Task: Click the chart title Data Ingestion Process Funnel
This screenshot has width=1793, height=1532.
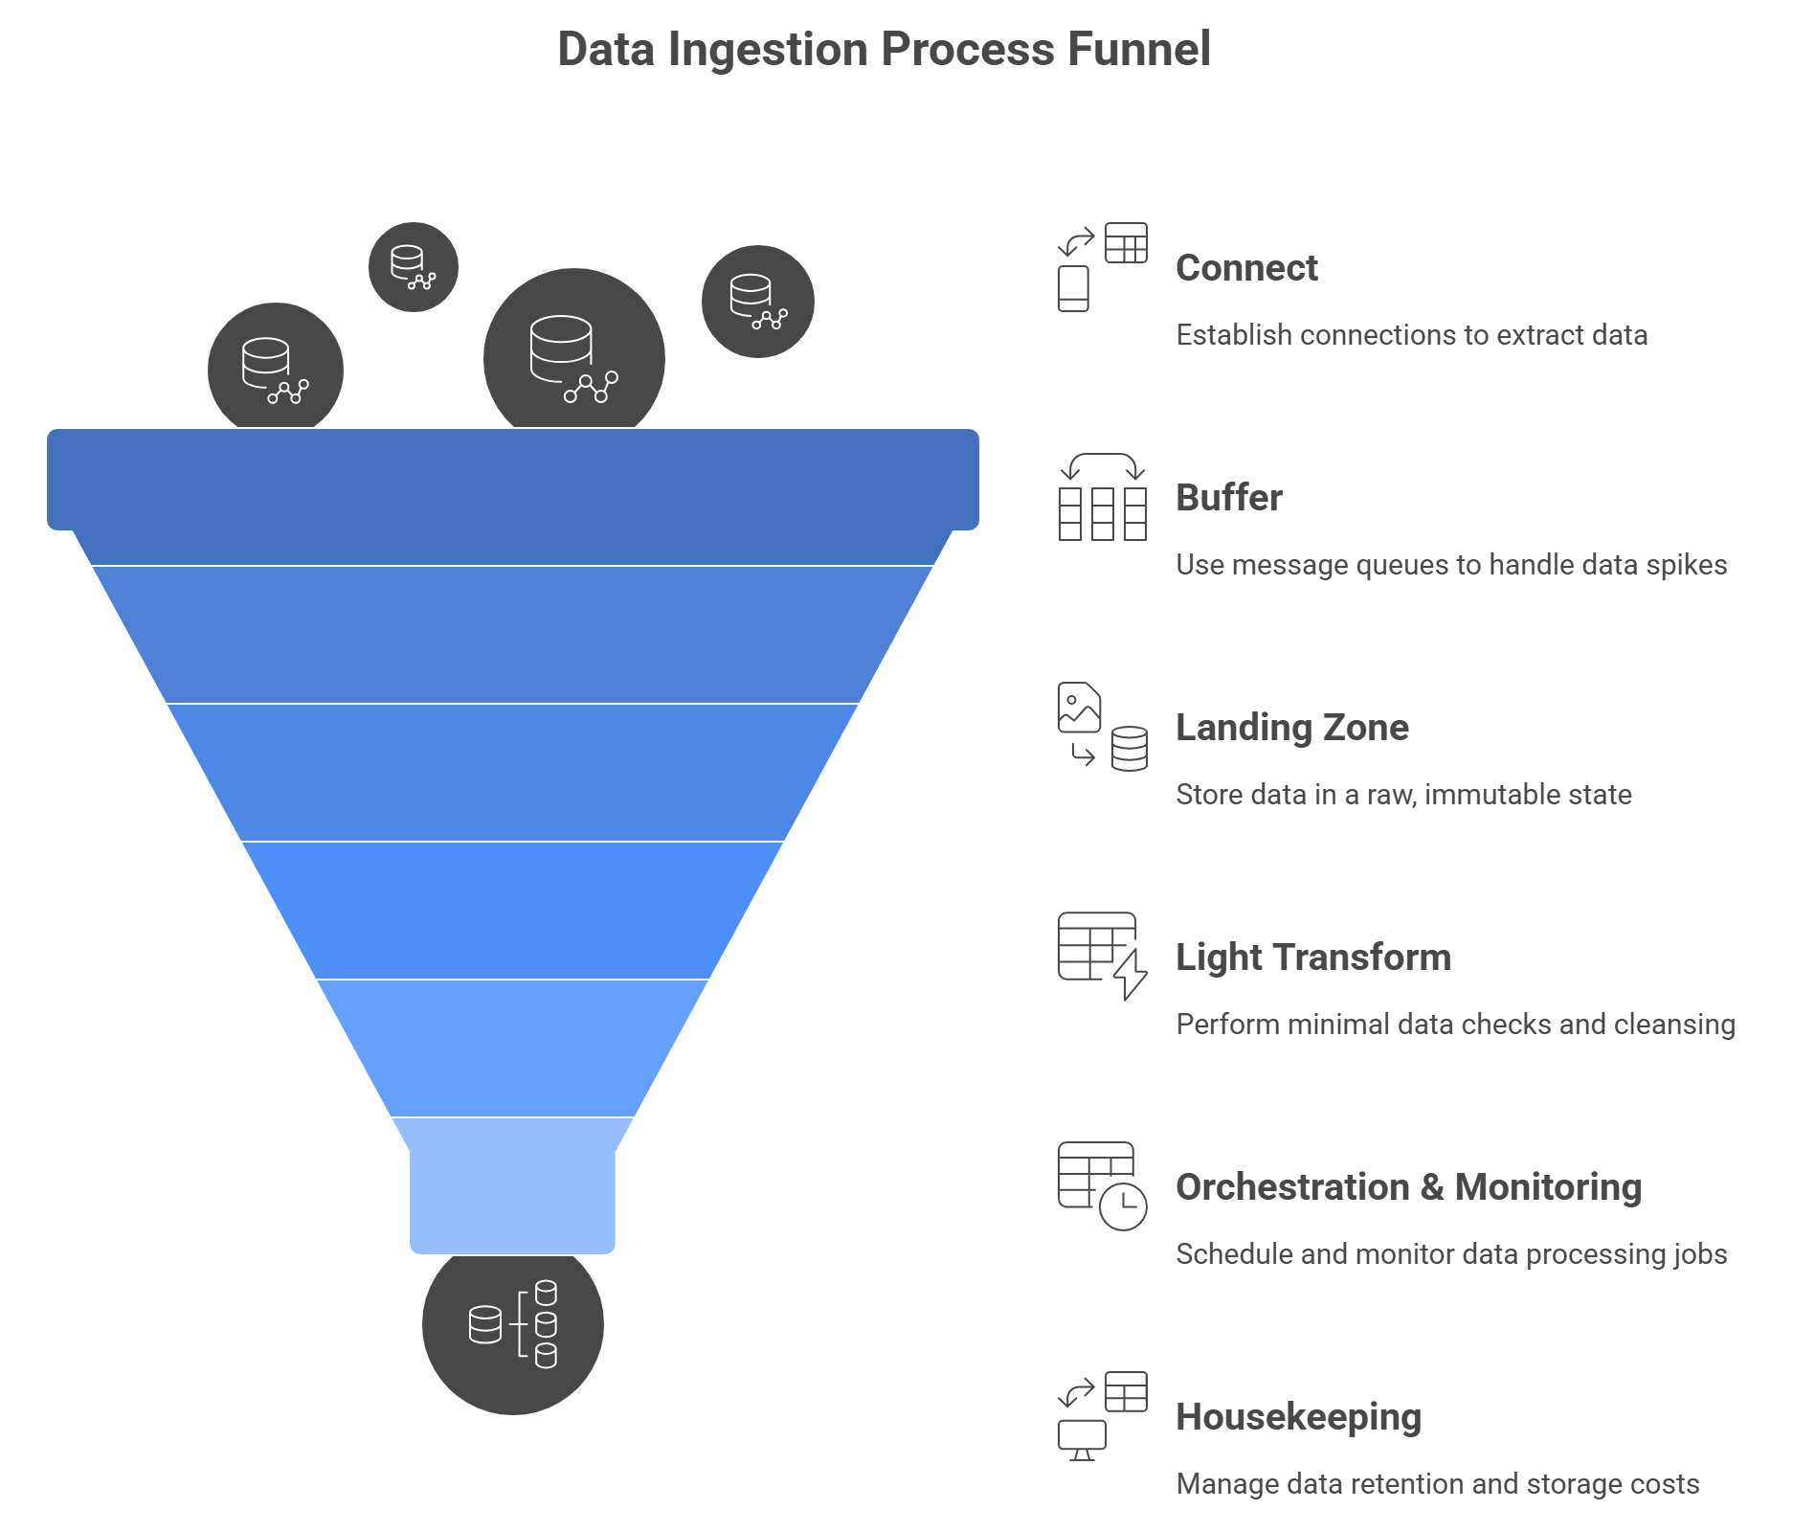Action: (x=884, y=50)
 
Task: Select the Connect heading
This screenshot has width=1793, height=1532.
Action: (x=1246, y=268)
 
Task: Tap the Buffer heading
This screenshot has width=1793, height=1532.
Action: (x=1228, y=498)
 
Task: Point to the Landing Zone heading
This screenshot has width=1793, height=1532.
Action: (x=1291, y=728)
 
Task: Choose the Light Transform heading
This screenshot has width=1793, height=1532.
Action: (x=1312, y=957)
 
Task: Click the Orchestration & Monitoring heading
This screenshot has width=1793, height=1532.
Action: (x=1408, y=1187)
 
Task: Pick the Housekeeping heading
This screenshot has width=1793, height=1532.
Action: (x=1298, y=1417)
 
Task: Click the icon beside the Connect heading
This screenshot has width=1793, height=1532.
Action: (x=1102, y=267)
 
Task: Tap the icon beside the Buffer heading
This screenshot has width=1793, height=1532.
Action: (x=1102, y=497)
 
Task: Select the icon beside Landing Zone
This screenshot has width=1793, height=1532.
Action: (x=1102, y=727)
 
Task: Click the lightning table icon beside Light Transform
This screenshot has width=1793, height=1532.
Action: (x=1102, y=956)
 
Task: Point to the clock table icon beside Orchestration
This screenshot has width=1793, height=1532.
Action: (x=1102, y=1185)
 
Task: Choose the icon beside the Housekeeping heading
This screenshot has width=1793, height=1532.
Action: (x=1102, y=1416)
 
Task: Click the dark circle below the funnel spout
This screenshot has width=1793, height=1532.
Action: (x=513, y=1325)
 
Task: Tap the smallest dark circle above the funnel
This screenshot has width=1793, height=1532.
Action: (x=414, y=267)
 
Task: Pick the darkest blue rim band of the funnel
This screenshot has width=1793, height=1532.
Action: (x=513, y=479)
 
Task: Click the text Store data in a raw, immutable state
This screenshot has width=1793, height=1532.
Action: (x=1403, y=795)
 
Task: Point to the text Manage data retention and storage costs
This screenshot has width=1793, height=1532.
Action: (x=1437, y=1484)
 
